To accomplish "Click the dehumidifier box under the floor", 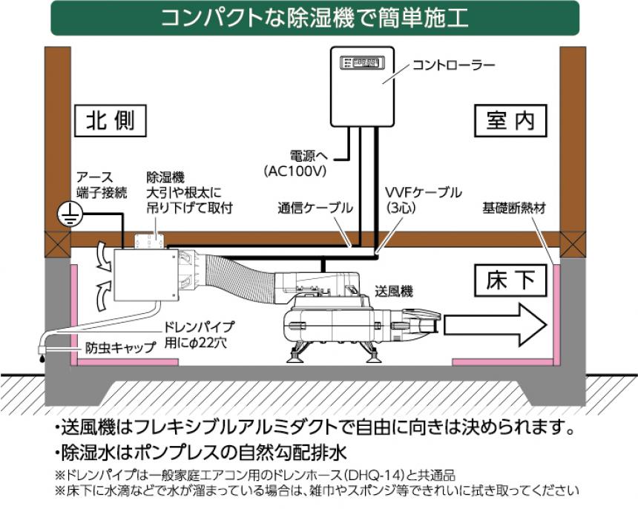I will click(142, 275).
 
